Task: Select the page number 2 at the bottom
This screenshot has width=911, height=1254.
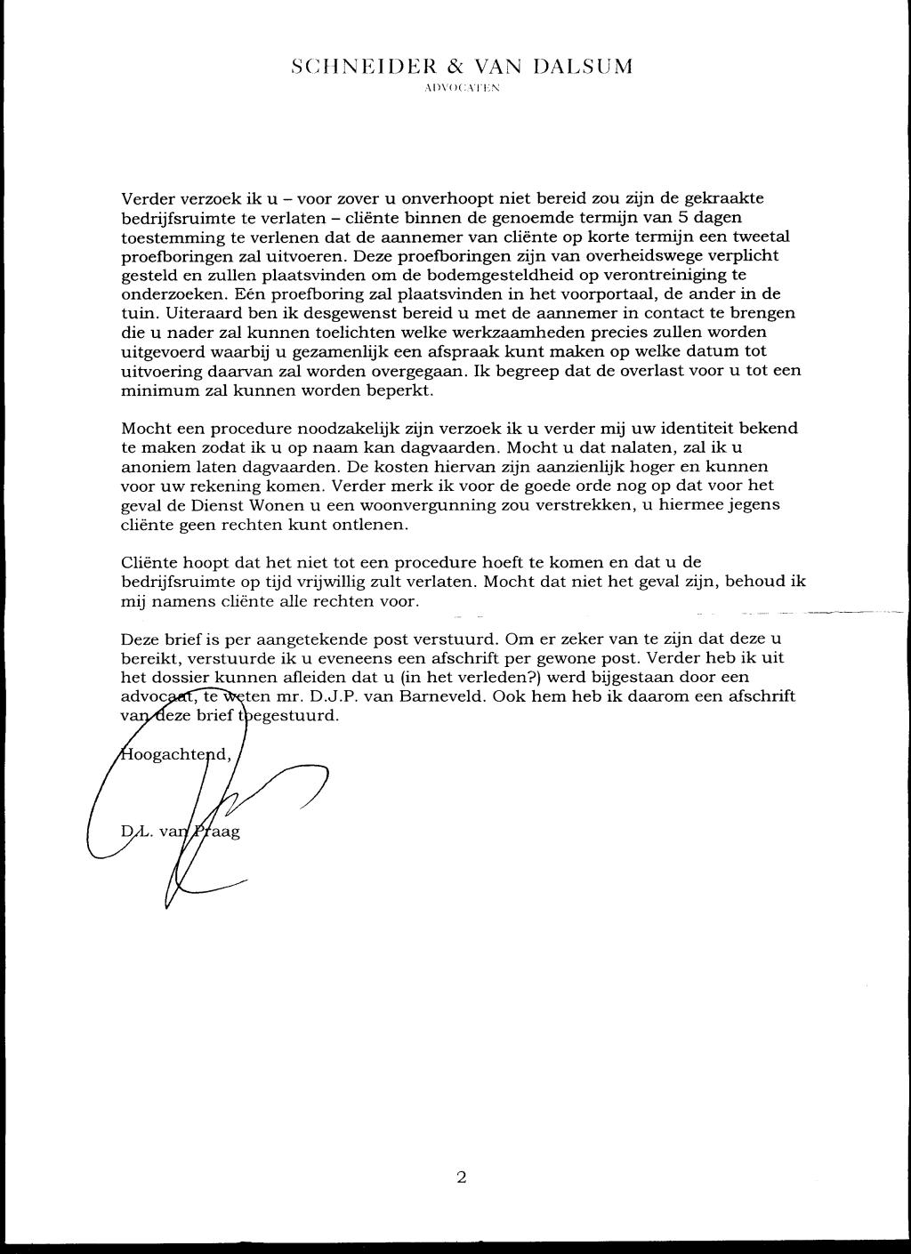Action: click(x=461, y=1178)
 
